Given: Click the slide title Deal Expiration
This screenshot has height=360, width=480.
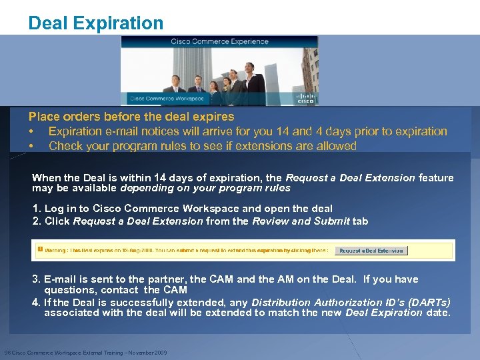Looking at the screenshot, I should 95,23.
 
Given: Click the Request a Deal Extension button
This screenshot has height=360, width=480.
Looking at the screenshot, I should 371,251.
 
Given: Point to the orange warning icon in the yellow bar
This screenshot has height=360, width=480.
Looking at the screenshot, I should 40,249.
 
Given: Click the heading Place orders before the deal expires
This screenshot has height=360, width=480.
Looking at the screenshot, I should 131,117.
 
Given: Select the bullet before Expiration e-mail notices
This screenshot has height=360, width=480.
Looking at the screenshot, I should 31,131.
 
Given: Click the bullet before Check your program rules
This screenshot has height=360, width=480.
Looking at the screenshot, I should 31,145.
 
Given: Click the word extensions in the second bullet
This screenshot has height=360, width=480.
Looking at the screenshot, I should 285,145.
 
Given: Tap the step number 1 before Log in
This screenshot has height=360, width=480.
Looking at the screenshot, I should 36,208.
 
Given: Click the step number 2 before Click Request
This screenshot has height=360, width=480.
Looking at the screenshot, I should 36,221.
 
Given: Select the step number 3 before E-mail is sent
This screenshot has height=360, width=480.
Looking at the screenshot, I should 36,279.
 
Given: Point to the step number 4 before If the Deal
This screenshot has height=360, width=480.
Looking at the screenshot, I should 36,302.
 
